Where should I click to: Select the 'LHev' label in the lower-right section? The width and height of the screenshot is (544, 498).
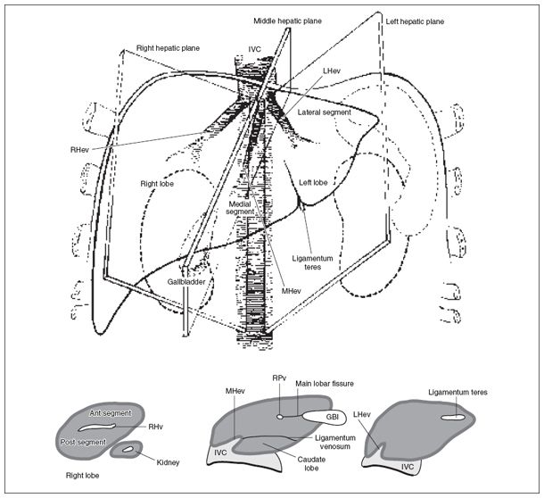363,415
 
